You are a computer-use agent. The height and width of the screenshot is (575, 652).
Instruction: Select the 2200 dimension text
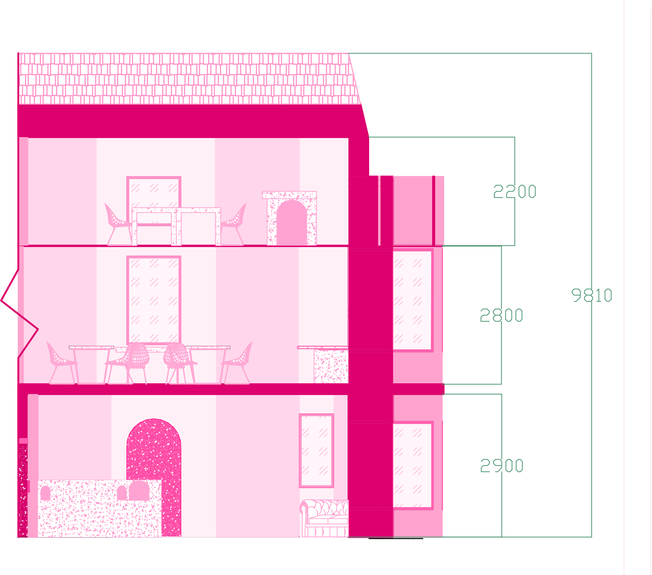coord(515,192)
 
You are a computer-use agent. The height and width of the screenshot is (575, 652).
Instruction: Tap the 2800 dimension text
coord(501,315)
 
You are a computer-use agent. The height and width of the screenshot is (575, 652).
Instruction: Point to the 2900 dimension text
coord(502,465)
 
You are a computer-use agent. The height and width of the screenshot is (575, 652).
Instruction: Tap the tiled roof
coord(188,79)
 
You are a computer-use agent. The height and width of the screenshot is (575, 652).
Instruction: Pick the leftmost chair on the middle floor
coord(61,362)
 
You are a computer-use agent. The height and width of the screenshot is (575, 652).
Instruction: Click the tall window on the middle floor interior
coord(154,300)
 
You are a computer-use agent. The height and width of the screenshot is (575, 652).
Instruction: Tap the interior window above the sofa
coord(316,450)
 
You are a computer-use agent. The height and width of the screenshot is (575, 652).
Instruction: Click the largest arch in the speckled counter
coord(139,491)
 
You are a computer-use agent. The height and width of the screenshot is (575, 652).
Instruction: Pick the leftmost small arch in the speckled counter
coord(45,493)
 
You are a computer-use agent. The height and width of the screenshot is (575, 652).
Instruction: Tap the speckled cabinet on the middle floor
coord(331,366)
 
